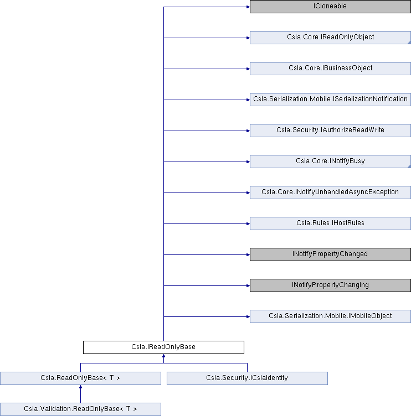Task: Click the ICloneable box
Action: pos(330,7)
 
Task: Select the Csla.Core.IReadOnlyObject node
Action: pos(330,38)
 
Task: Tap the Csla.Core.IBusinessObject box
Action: pos(330,69)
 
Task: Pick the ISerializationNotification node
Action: pos(330,100)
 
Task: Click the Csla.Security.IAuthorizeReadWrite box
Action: pos(330,131)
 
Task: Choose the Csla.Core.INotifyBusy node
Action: pos(330,162)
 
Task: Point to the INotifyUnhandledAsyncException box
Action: pos(330,193)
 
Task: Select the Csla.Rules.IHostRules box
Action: pos(330,223)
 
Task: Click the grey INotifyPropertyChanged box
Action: pos(330,254)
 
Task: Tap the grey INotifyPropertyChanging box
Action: pos(330,285)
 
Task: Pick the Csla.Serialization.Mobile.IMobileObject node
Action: pos(330,316)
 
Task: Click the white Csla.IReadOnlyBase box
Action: pos(163,347)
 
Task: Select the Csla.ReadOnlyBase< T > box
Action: pos(80,378)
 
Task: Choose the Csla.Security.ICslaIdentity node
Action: pos(247,378)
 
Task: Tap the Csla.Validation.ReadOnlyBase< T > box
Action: pos(80,409)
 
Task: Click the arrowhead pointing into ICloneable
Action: pos(248,7)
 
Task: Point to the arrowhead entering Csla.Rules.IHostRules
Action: pos(248,223)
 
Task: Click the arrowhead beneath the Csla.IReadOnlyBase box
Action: pos(163,356)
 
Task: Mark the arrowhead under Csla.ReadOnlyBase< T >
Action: pos(80,387)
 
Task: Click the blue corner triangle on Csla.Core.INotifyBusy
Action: pos(409,167)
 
